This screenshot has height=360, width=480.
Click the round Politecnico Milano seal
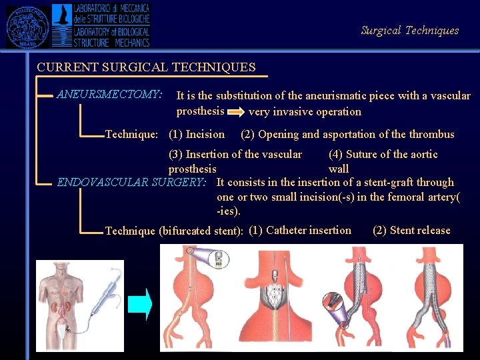pyautogui.click(x=28, y=26)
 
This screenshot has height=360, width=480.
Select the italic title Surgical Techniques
pyautogui.click(x=409, y=30)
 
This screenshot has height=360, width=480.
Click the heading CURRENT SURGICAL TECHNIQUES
pyautogui.click(x=146, y=67)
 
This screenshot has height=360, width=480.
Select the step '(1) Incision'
pyautogui.click(x=197, y=135)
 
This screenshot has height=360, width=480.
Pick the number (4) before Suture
pyautogui.click(x=336, y=155)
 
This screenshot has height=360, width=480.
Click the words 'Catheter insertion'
pyautogui.click(x=309, y=231)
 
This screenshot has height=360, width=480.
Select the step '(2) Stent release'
pyautogui.click(x=411, y=231)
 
